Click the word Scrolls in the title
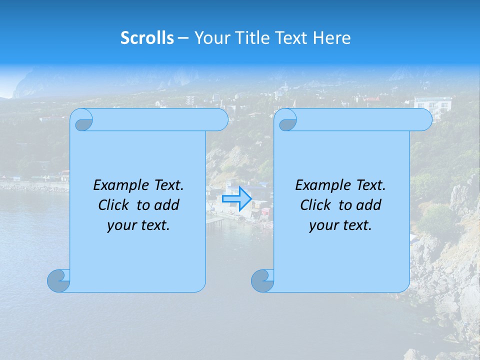pos(147,38)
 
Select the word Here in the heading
pos(332,38)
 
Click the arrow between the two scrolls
pos(236,198)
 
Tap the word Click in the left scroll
pos(113,205)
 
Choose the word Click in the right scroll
pos(315,205)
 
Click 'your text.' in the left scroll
pos(138,225)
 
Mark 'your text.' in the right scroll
pos(340,225)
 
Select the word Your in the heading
pos(210,38)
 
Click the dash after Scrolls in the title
pos(183,38)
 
